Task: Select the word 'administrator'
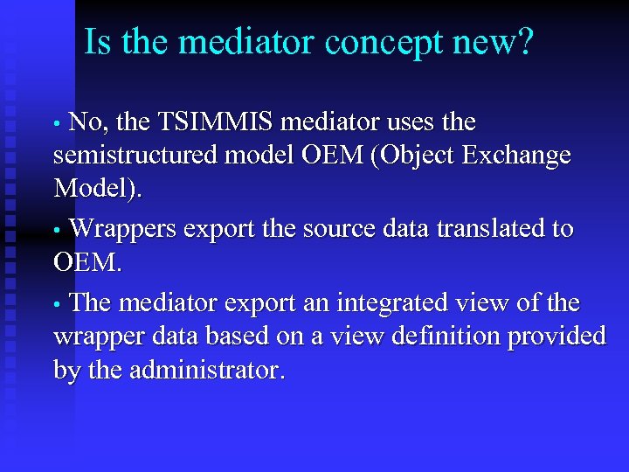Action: (206, 371)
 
